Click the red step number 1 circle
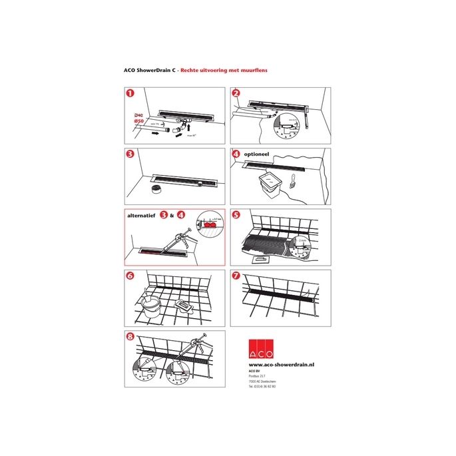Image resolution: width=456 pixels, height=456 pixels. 130,95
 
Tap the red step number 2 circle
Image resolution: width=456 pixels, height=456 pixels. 236,95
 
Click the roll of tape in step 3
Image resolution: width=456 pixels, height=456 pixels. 158,190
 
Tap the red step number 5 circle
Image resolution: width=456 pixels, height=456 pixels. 236,216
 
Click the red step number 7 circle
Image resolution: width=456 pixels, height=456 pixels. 236,276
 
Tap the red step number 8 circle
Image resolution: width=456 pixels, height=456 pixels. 130,337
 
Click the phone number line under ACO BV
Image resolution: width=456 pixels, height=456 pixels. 262,386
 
